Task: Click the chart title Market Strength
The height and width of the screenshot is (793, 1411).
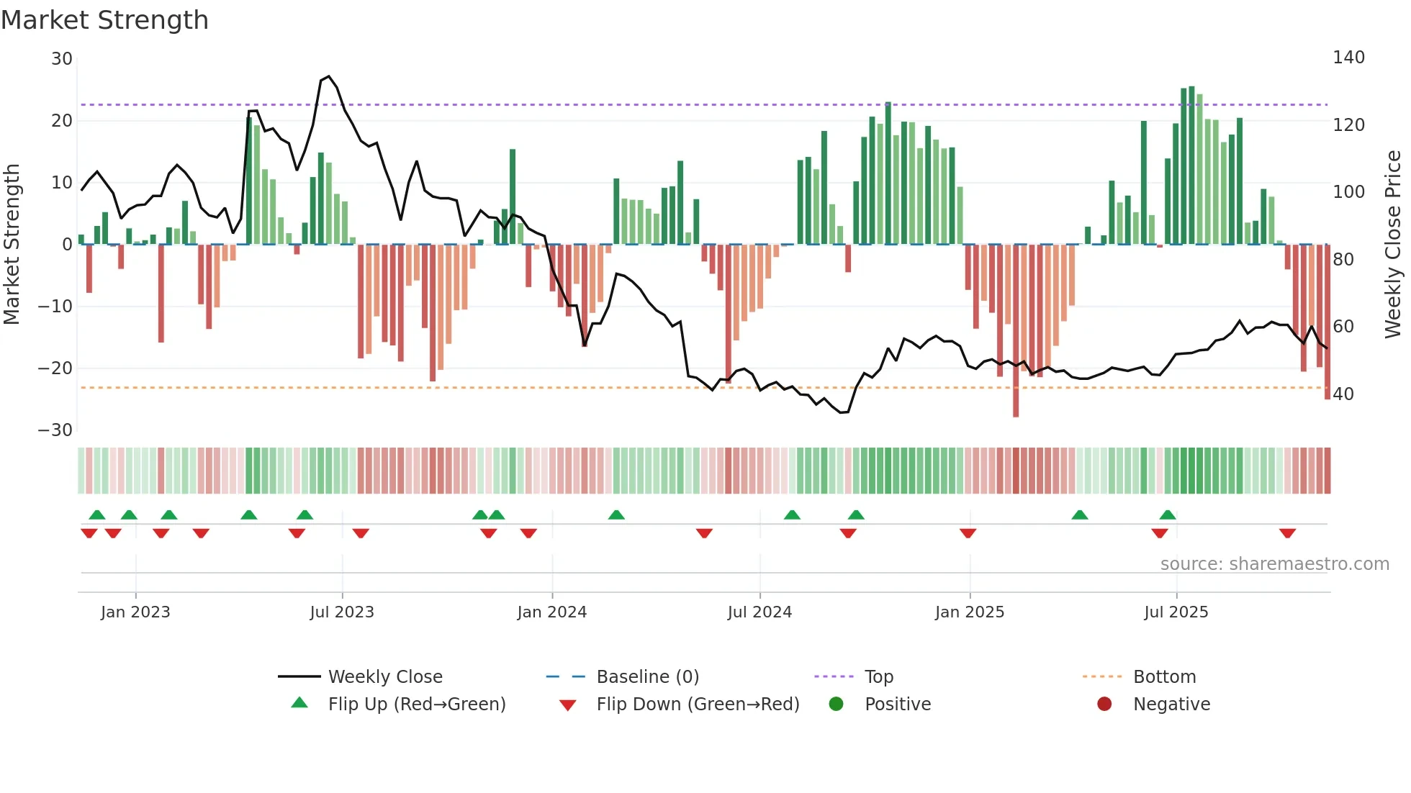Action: click(104, 20)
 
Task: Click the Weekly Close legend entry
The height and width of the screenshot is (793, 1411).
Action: click(384, 677)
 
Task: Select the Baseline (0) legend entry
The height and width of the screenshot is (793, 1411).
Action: click(647, 677)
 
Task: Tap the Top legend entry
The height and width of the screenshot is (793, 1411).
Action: click(878, 677)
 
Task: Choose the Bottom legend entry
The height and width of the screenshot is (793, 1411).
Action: click(1164, 677)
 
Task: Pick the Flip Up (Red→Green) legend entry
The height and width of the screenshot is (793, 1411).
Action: click(416, 704)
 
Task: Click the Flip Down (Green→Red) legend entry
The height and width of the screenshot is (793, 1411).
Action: click(697, 704)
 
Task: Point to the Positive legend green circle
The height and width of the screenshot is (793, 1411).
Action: click(836, 704)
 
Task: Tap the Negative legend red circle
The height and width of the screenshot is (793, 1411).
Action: click(1104, 704)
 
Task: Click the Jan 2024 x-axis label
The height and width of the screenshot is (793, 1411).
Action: click(551, 612)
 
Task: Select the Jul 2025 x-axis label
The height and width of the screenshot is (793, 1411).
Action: click(1176, 612)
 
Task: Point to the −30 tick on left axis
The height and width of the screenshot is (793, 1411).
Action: click(55, 430)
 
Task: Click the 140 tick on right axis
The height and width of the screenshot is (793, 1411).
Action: click(1348, 58)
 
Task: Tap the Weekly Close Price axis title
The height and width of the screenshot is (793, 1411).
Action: click(1393, 245)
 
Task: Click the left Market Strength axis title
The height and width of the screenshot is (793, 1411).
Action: click(12, 245)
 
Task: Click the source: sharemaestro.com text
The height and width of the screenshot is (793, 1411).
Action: click(1274, 564)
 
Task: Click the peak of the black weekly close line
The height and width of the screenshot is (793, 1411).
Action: click(329, 76)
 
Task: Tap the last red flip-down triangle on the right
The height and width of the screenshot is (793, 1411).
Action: click(1287, 533)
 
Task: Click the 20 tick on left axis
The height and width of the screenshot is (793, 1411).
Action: click(62, 121)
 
